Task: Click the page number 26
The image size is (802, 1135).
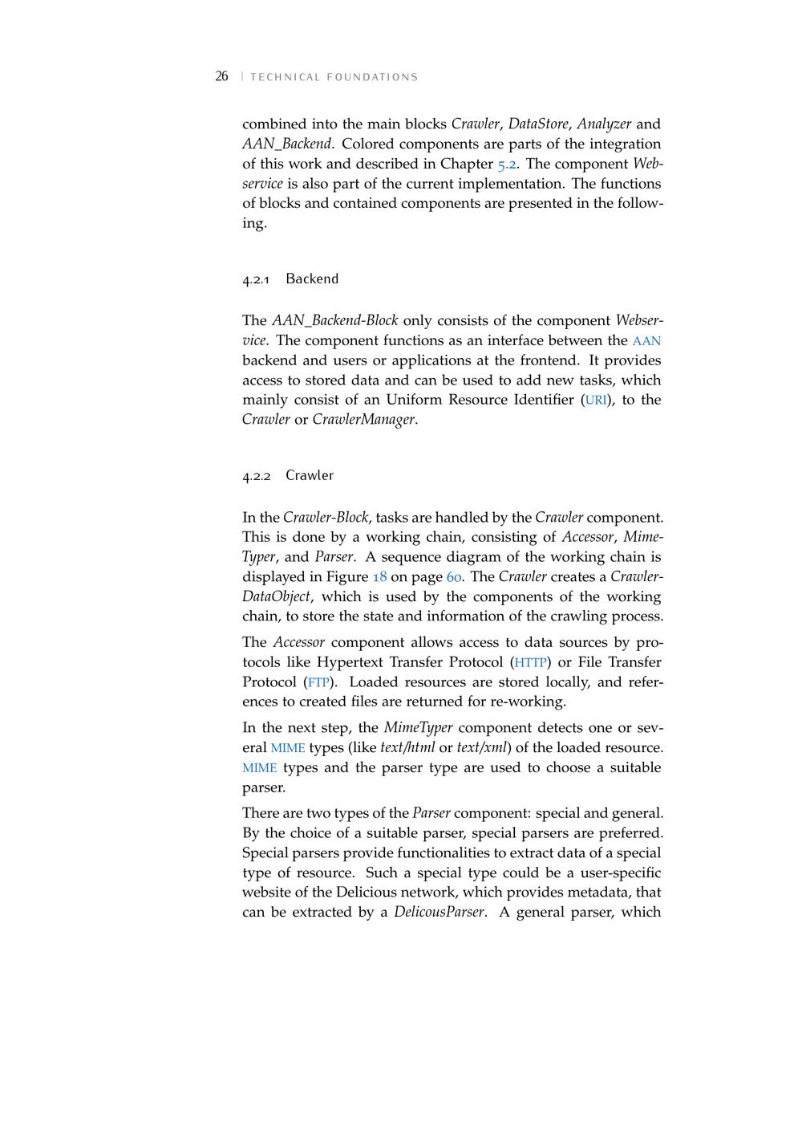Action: (x=221, y=76)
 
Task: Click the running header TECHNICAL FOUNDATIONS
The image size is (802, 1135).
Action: (x=334, y=77)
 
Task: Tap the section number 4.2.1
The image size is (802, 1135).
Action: (x=257, y=279)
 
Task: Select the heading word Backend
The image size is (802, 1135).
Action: (x=312, y=279)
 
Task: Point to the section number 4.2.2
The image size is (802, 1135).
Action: (x=257, y=476)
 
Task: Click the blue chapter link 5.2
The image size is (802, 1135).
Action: (x=507, y=164)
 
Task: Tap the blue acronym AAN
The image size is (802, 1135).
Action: (x=646, y=341)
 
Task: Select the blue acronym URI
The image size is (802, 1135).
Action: (x=596, y=400)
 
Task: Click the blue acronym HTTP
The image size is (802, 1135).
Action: (x=531, y=663)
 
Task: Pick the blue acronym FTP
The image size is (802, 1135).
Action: (x=318, y=683)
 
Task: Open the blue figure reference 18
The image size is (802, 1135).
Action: (x=379, y=577)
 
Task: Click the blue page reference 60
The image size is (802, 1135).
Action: (x=454, y=577)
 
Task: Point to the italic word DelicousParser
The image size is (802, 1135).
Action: (x=439, y=912)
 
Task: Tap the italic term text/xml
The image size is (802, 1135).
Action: (x=481, y=747)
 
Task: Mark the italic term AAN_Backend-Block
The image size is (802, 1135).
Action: (x=334, y=320)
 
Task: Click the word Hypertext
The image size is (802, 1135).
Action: (x=350, y=662)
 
